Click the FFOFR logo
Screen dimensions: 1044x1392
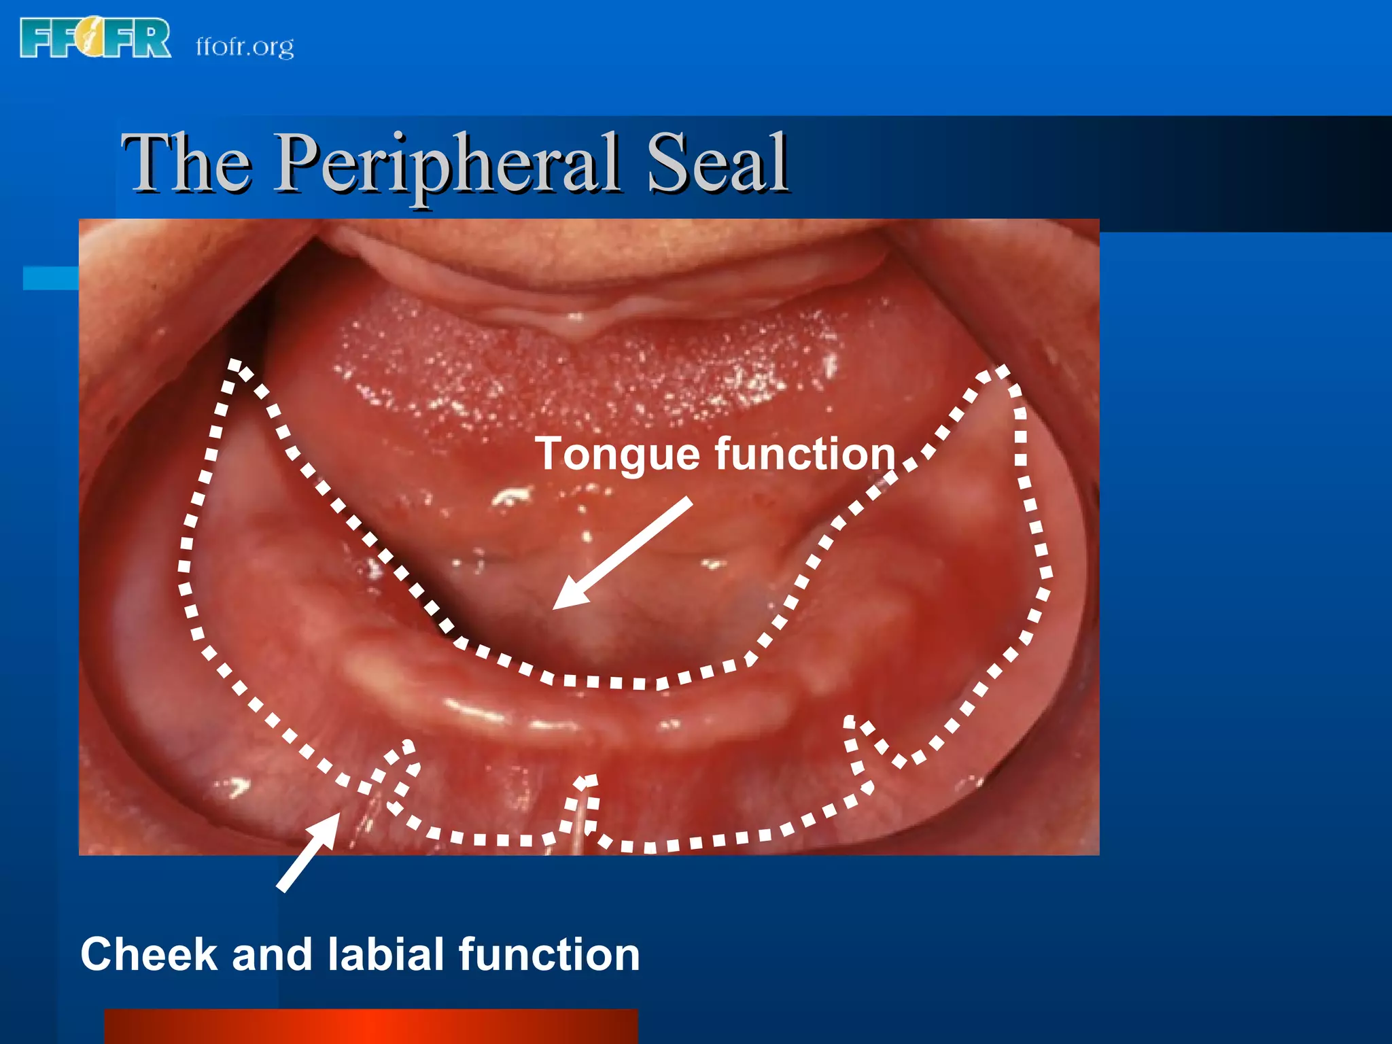[95, 38]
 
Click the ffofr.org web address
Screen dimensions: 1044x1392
[245, 47]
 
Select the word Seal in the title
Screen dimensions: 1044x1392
[717, 164]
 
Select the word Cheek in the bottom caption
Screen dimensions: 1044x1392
[149, 954]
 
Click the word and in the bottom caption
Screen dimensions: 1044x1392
[272, 954]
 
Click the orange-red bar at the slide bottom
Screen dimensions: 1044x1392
[371, 1026]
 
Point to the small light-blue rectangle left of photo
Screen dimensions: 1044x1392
[50, 278]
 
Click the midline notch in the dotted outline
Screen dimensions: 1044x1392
[585, 782]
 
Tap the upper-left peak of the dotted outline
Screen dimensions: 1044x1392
[235, 365]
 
